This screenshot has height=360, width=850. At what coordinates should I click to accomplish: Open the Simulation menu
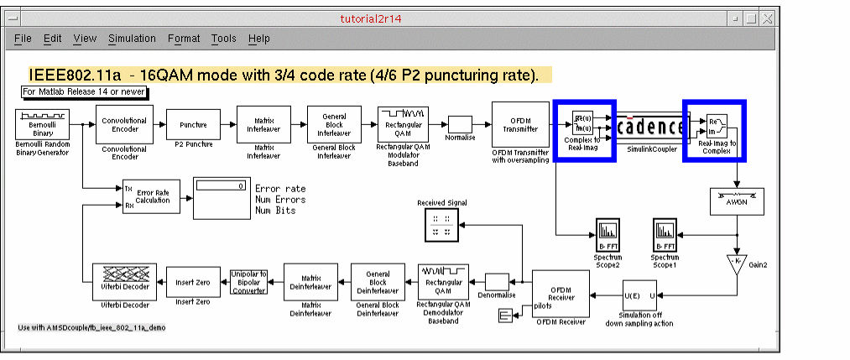[132, 39]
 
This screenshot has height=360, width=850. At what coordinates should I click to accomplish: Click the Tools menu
[223, 39]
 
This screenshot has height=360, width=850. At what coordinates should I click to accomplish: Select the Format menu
[184, 39]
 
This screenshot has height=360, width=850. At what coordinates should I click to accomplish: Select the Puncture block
[193, 125]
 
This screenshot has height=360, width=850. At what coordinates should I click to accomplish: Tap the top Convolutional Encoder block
[124, 125]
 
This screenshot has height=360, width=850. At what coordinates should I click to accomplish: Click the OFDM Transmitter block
[520, 125]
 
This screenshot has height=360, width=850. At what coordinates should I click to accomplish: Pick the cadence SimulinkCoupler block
[650, 127]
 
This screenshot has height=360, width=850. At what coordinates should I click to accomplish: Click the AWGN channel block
[736, 201]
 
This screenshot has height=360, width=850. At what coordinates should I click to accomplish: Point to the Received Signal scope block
[441, 225]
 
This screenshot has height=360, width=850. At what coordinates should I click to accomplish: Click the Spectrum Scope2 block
[608, 232]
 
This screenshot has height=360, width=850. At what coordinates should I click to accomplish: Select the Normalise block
[460, 123]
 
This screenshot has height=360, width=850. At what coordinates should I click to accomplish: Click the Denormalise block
[497, 283]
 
